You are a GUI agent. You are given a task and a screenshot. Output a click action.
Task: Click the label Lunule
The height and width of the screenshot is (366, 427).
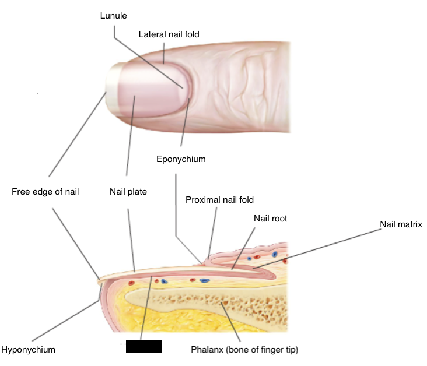[113, 16]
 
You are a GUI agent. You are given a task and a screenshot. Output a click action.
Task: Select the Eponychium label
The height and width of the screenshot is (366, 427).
[181, 159]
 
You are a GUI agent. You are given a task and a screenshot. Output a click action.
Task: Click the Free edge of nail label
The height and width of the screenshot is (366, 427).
[45, 191]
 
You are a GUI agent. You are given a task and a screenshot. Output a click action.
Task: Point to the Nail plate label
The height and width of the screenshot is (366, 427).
[128, 191]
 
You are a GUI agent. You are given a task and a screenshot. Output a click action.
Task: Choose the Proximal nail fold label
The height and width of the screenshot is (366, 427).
[219, 200]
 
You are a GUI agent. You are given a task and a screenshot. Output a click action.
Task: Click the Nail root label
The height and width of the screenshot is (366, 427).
[271, 219]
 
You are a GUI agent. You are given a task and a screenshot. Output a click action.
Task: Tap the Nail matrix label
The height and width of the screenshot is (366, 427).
[401, 224]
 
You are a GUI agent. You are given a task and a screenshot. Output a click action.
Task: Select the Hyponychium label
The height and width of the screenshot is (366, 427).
[28, 350]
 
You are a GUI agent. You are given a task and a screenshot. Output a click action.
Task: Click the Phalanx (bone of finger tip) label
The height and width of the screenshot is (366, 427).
[244, 350]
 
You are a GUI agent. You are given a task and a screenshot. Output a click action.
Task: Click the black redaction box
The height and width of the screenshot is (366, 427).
[143, 346]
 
